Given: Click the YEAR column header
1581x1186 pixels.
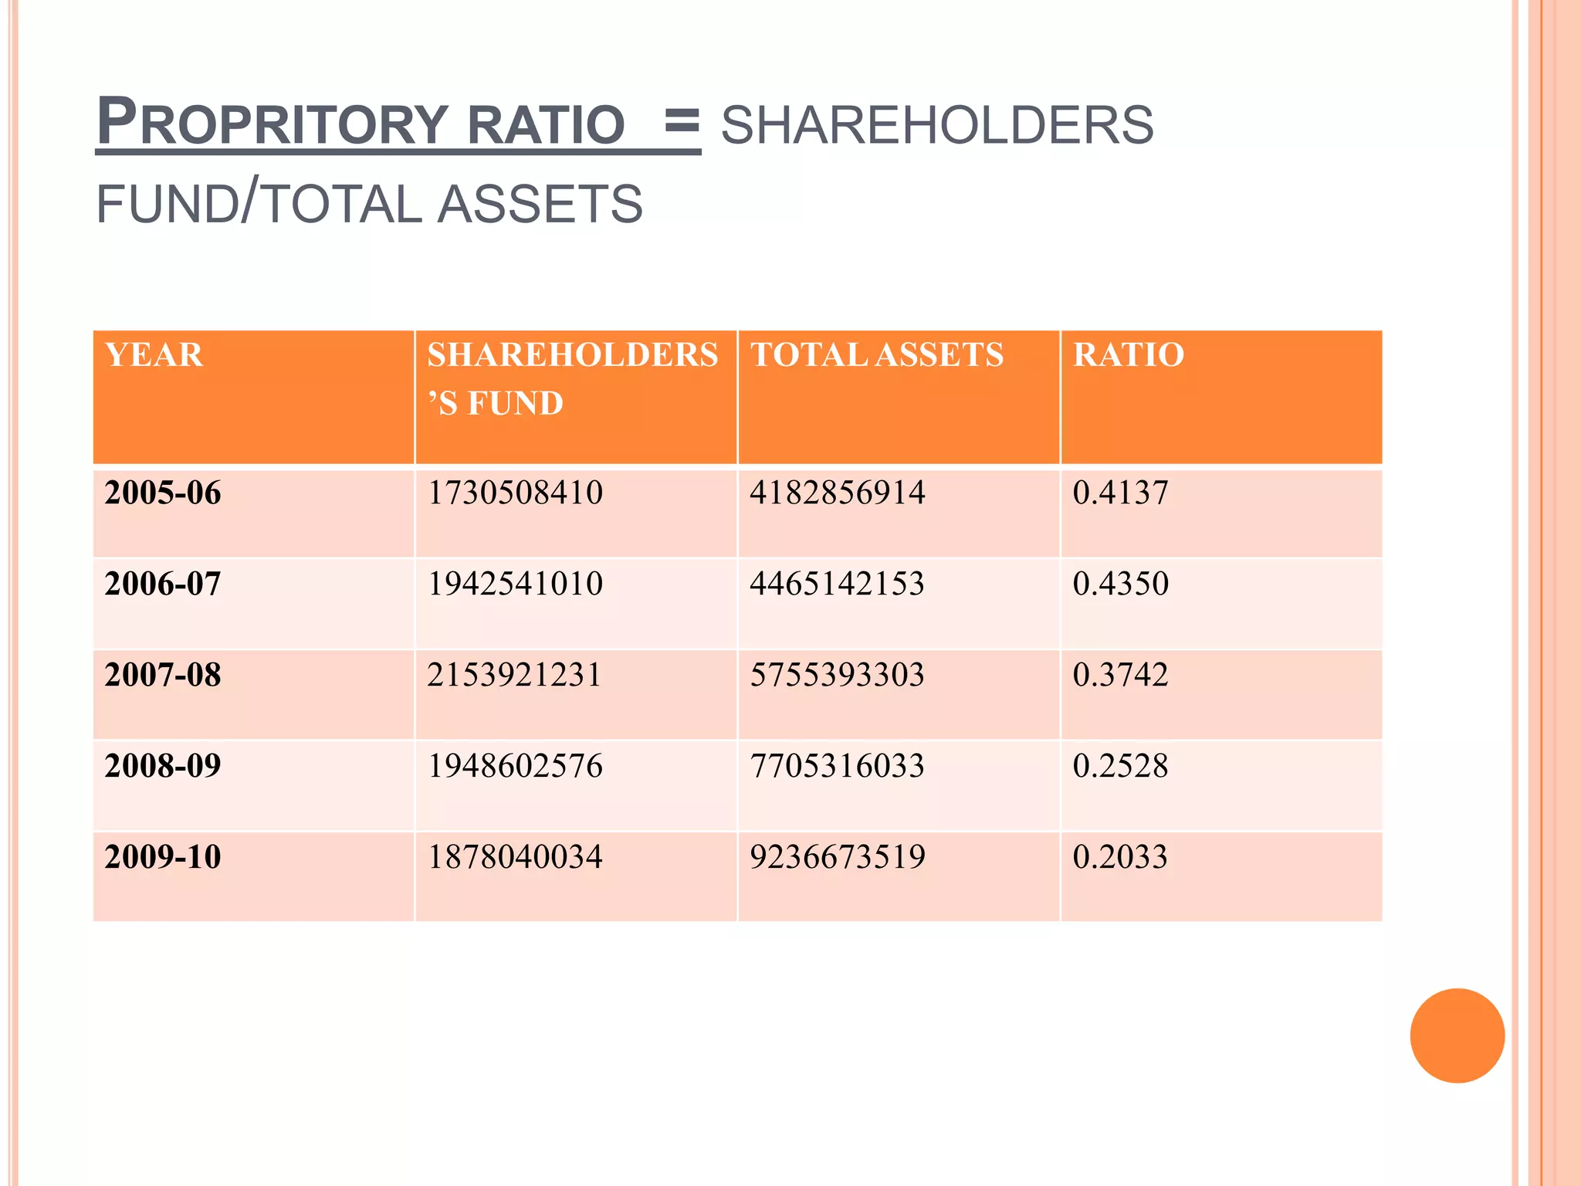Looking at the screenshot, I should [154, 355].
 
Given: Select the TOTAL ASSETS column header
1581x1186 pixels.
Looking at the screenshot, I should [877, 355].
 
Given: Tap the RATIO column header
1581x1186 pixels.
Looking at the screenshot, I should [1129, 355].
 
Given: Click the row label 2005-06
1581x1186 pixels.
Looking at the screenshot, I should [163, 493].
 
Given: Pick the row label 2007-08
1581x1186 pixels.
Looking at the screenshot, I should [163, 675].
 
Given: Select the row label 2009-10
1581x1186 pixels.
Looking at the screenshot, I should [163, 857].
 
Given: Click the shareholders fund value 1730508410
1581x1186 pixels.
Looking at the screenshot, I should [515, 493].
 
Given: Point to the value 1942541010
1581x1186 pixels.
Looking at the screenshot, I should [515, 584].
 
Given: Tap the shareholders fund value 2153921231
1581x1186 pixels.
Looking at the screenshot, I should [514, 675].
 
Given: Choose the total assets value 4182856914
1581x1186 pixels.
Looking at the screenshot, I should [838, 493].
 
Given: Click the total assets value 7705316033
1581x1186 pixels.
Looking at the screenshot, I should [838, 766].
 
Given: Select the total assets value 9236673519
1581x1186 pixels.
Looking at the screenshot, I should [838, 857].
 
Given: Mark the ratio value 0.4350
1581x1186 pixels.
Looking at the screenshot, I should [1121, 584].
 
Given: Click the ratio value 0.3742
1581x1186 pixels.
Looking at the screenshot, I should [1121, 675].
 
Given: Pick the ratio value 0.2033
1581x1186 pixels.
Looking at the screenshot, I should [1120, 857].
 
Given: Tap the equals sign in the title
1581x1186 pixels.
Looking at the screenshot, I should [682, 122].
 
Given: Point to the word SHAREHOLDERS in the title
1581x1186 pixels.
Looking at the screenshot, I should [937, 125].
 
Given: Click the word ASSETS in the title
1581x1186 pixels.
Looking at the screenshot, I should [540, 204].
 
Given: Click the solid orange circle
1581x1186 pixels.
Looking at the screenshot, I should [1457, 1035].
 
